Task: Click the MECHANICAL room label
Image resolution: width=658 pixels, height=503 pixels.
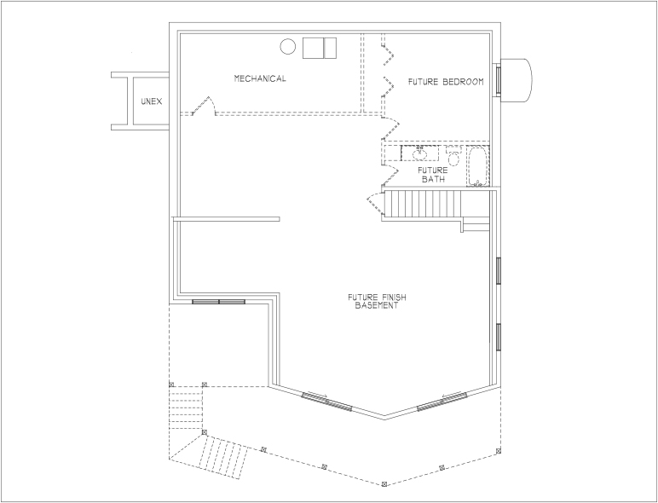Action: [260, 78]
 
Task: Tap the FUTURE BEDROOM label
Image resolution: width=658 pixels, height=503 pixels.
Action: [446, 82]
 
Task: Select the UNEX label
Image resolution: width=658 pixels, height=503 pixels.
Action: [152, 101]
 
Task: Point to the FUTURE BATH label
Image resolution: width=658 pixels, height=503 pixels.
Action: [433, 175]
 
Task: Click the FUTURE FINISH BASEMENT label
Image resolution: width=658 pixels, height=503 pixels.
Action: [377, 302]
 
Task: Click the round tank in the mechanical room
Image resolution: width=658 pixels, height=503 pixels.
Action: [288, 46]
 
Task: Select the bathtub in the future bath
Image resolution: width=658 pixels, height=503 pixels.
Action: [477, 166]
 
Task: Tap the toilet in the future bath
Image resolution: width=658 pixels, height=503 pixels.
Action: [453, 155]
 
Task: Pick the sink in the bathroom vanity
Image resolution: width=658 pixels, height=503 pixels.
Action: [419, 153]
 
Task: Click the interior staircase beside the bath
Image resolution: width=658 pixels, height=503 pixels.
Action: [423, 204]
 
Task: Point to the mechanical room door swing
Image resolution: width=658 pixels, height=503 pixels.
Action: [204, 106]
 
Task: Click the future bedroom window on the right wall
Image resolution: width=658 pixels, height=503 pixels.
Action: [498, 78]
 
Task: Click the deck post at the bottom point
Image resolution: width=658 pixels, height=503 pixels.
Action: [384, 484]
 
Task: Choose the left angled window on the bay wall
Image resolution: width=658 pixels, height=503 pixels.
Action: [327, 402]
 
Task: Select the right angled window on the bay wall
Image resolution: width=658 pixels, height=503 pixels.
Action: [442, 401]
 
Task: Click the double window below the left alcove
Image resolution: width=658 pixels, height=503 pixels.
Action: [219, 302]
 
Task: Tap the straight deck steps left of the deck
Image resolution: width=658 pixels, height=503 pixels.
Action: [186, 408]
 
